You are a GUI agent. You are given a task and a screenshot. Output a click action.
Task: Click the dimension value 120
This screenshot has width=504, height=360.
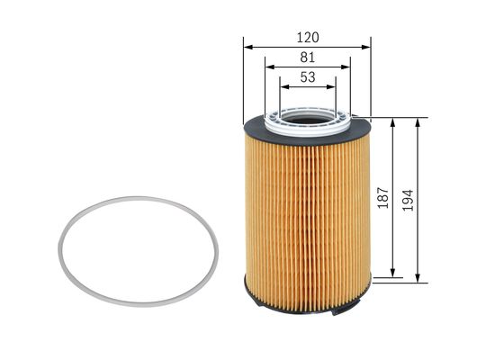pos(308,38)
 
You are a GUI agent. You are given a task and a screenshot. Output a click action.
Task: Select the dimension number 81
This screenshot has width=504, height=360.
pos(308,58)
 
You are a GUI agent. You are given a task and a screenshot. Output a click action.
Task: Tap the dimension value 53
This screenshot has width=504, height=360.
pos(308,77)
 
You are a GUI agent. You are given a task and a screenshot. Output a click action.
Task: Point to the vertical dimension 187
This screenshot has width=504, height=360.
pos(383,197)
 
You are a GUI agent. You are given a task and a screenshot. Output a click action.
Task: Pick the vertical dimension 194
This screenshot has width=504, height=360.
pos(408,200)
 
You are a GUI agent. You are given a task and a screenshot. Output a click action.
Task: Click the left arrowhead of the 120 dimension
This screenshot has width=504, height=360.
pos(248,47)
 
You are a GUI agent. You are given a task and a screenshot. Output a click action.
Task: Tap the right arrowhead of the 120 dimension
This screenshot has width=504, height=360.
pos(365,47)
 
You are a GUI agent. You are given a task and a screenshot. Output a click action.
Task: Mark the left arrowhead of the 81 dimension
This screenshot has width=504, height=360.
pos(270,67)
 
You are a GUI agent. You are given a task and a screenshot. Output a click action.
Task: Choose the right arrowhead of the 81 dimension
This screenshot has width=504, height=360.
pos(346,67)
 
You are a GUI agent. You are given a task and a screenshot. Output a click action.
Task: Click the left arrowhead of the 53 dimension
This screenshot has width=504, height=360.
pos(284,87)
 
